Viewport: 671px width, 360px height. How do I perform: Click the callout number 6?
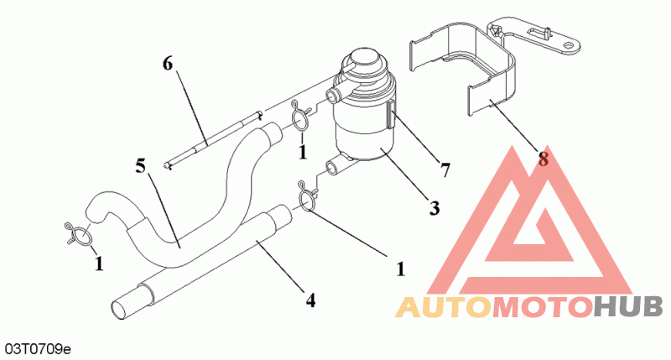pos(168,64)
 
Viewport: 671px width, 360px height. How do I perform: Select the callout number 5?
pos(140,164)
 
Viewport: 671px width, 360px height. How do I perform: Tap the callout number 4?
pos(310,299)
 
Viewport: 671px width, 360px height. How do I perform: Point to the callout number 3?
pos(434,207)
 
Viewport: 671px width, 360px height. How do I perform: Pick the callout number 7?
pos(445,170)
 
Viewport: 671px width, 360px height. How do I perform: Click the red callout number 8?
pos(544,157)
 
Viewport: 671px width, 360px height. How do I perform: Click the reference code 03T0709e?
pos(37,346)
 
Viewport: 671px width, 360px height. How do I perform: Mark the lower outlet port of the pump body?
pos(335,164)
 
